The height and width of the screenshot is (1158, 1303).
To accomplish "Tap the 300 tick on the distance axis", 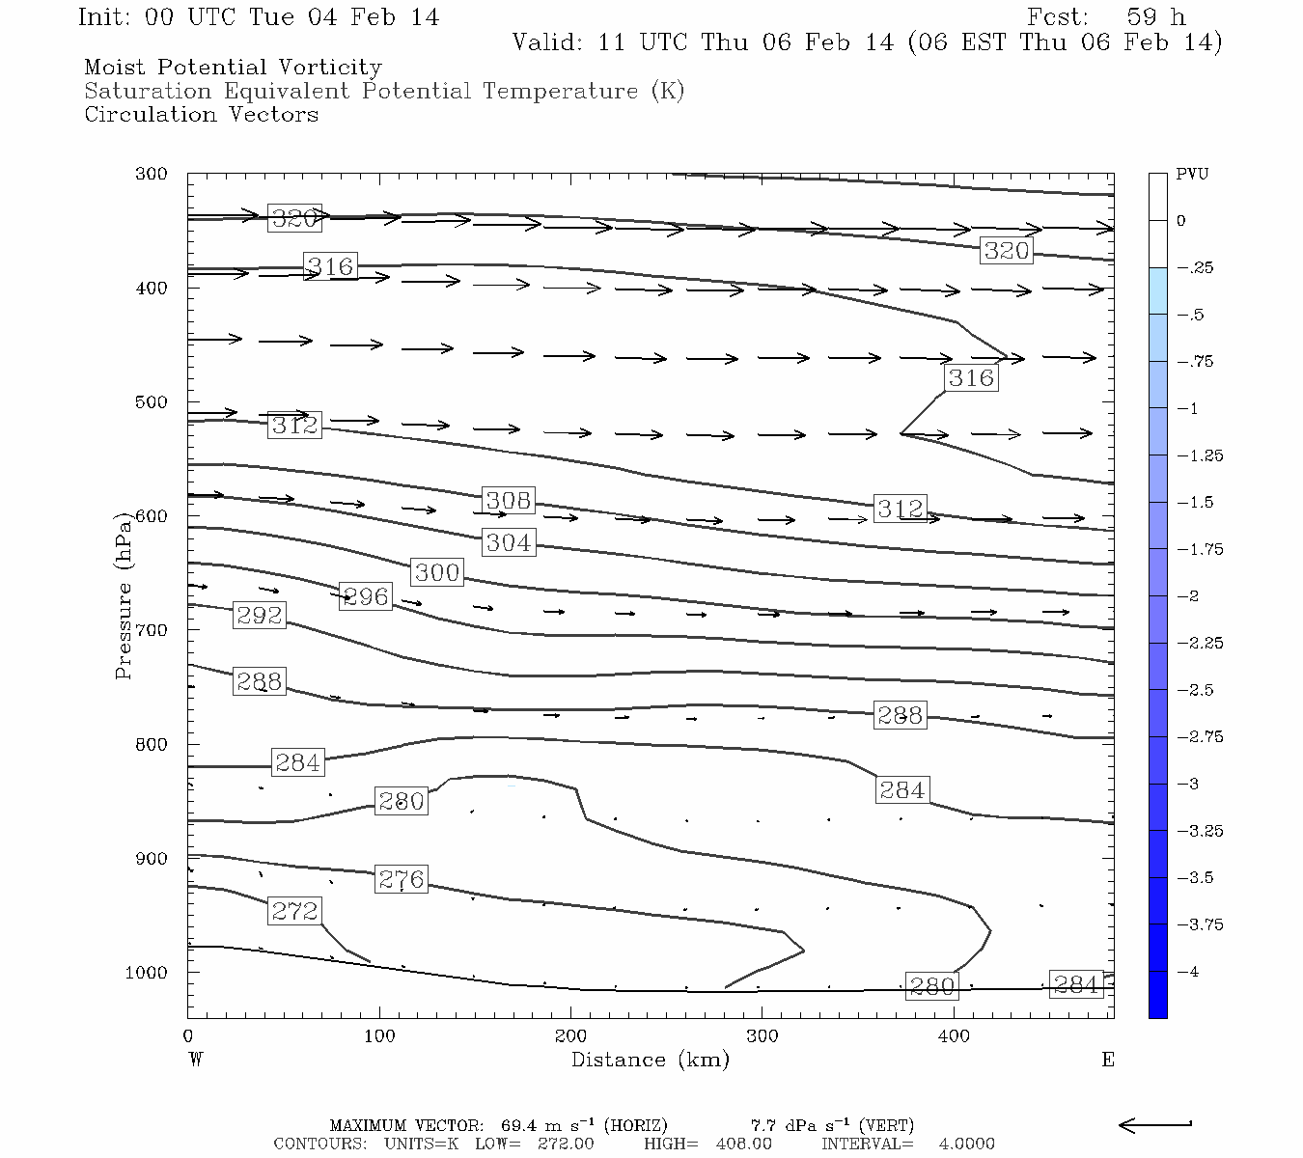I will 762,1036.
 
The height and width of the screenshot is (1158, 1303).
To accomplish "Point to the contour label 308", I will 508,500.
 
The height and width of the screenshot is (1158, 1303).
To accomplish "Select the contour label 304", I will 509,542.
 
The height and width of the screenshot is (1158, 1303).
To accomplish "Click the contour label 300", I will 436,572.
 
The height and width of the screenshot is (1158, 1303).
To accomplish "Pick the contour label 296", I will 365,596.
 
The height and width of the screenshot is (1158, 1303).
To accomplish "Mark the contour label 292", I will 260,615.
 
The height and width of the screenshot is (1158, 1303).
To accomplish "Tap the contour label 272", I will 294,911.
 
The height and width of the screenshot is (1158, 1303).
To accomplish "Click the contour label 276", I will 401,879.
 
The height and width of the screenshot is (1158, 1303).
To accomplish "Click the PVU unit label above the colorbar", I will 1192,175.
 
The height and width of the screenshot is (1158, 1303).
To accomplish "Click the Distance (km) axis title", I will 650,1060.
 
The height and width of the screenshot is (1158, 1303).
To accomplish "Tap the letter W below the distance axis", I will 196,1060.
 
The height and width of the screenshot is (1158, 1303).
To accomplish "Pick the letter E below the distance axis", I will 1108,1060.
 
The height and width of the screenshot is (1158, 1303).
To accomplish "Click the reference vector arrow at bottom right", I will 1154,1124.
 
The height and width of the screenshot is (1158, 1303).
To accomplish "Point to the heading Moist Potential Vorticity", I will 233,68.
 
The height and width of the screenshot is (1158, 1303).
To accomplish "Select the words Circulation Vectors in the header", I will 201,115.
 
